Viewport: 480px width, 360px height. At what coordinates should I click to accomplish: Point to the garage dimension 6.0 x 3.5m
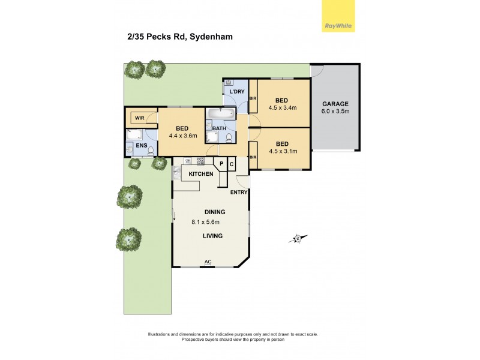335,112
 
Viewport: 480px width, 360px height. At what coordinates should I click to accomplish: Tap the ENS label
142,145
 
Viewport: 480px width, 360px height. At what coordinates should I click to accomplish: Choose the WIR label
139,118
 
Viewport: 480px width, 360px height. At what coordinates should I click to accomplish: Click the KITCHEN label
201,174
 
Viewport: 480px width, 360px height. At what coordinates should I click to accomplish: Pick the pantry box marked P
221,164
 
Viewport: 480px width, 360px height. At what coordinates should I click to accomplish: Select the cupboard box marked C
232,164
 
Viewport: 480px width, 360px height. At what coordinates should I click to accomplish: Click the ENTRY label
240,193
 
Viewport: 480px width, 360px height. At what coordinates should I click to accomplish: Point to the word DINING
214,212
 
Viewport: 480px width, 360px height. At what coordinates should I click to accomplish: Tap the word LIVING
212,236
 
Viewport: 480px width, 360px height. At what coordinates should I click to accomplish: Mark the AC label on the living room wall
208,262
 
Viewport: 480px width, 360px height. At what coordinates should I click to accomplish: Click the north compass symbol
297,238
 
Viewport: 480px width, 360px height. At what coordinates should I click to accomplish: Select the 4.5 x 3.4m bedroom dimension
282,109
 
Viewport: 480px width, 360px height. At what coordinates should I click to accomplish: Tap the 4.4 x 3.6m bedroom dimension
183,136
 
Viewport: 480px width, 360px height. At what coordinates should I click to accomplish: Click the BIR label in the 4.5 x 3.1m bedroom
253,157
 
